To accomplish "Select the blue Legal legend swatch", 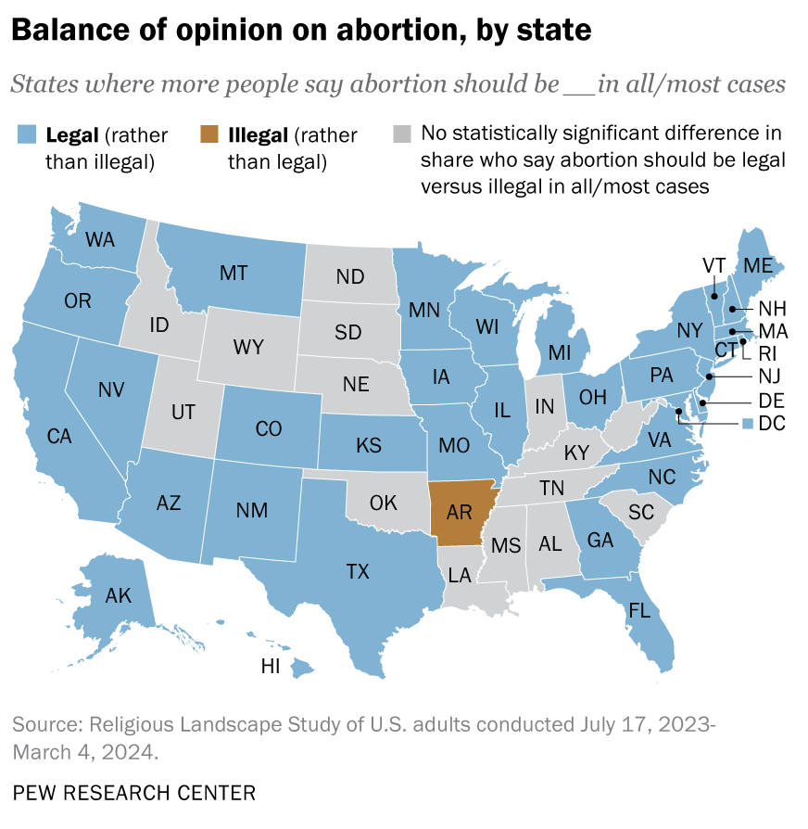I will (26, 136).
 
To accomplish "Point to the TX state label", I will (358, 571).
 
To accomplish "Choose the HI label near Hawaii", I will (271, 666).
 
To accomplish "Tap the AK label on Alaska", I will (119, 595).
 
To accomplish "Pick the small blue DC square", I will (748, 424).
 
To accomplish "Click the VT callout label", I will (713, 264).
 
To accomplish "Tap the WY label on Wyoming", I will (248, 347).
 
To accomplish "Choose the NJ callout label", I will (771, 376).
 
